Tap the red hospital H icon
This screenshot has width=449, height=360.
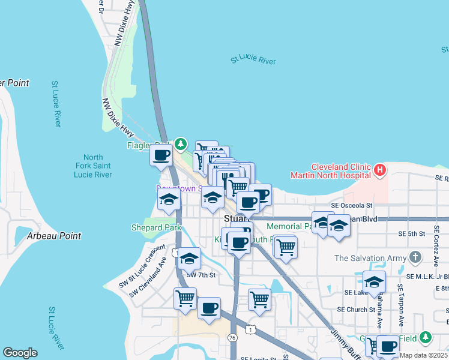pyautogui.click(x=379, y=170)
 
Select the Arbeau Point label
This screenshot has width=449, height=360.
pyautogui.click(x=54, y=236)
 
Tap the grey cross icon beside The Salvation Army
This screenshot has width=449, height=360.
pyautogui.click(x=415, y=257)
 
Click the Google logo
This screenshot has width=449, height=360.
pyautogui.click(x=20, y=353)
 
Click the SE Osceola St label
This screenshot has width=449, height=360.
pyautogui.click(x=348, y=205)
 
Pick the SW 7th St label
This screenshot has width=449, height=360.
pyautogui.click(x=200, y=275)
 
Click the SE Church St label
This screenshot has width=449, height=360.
pyautogui.click(x=355, y=310)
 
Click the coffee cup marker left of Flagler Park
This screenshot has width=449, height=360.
pyautogui.click(x=160, y=155)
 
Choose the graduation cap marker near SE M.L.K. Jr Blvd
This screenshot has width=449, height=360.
pyautogui.click(x=374, y=281)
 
